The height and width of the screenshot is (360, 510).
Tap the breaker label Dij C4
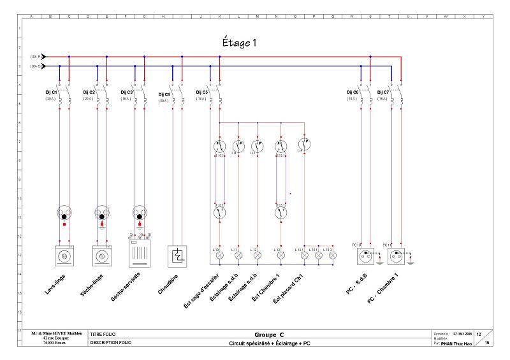coord(163,94)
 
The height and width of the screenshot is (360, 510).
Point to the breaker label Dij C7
coord(384,92)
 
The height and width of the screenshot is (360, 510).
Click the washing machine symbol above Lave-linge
coord(64,256)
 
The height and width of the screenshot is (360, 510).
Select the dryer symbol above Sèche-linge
coord(102,256)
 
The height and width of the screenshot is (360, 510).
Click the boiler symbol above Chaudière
coord(177,256)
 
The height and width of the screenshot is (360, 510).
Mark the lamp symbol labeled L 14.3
coord(332,255)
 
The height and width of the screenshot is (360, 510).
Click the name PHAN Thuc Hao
coord(457,342)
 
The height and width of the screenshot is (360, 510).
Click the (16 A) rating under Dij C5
coord(201,99)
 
